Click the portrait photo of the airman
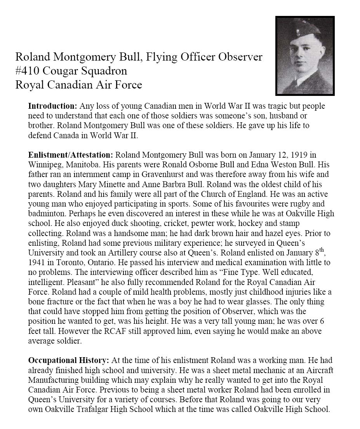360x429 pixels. pos(305,56)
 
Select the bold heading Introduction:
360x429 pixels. pos(53,106)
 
